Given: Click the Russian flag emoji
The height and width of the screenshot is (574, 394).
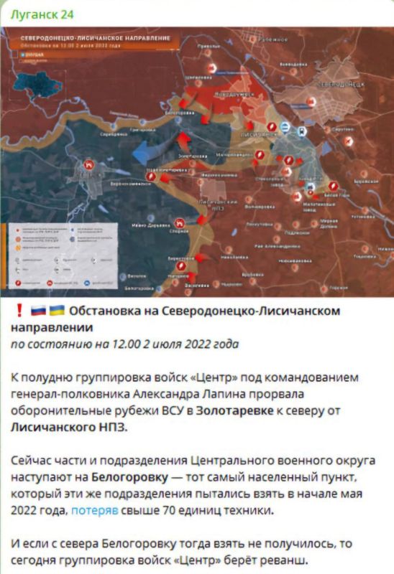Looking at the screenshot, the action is (37, 311).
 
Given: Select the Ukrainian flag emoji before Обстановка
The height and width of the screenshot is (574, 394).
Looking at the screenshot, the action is (57, 311).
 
